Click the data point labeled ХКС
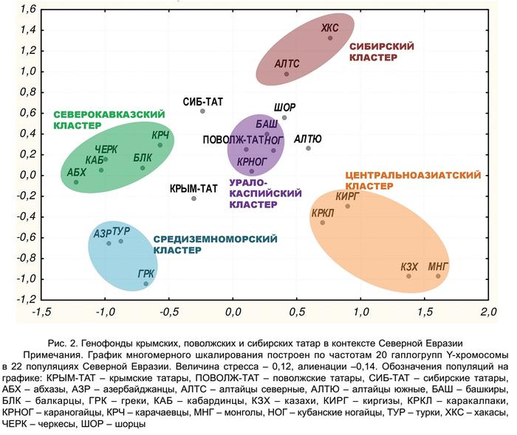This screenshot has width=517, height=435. [x=330, y=38]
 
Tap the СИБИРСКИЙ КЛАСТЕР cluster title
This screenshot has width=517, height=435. [x=374, y=51]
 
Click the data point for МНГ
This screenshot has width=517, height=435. [x=438, y=276]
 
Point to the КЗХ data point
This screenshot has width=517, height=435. [x=408, y=276]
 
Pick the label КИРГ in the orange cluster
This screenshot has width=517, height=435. [x=346, y=196]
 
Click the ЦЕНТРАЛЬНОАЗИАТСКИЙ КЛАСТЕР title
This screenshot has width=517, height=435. [x=412, y=181]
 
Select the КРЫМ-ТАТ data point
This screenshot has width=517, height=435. [x=194, y=198]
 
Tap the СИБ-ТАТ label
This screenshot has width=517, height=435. [x=203, y=102]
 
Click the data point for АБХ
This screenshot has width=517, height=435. [x=76, y=182]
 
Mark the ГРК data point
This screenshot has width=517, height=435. [x=145, y=284]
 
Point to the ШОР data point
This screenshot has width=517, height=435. [x=284, y=117]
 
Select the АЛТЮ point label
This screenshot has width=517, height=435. [x=307, y=138]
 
